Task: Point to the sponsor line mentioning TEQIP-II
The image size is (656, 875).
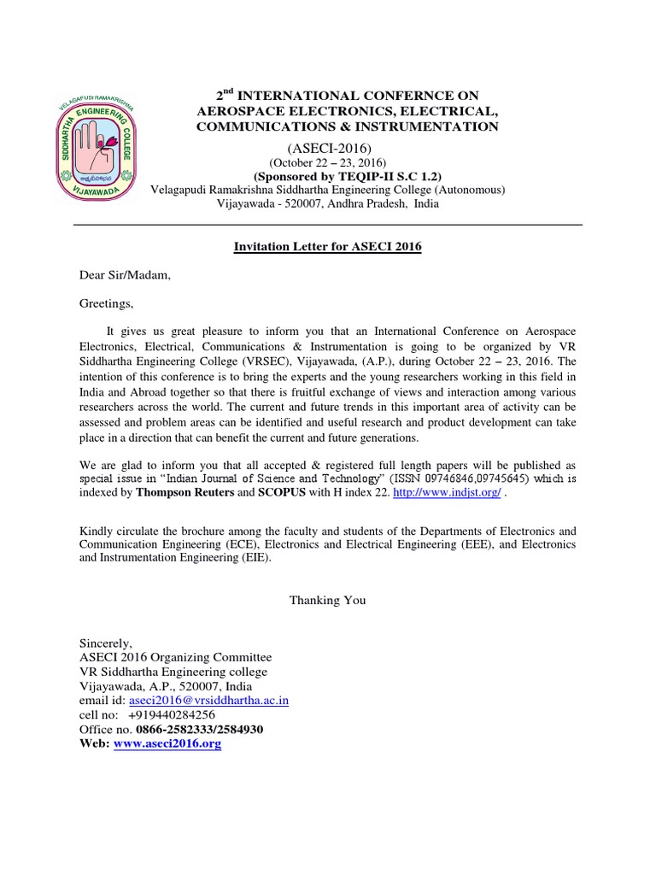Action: [x=328, y=176]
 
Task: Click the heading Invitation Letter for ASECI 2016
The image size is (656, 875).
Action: [x=328, y=247]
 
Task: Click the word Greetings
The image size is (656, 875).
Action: [x=107, y=302]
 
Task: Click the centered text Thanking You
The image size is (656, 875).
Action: [x=327, y=600]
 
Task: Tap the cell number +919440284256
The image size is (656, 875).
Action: [x=171, y=714]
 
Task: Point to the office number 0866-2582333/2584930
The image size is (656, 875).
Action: [x=192, y=729]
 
